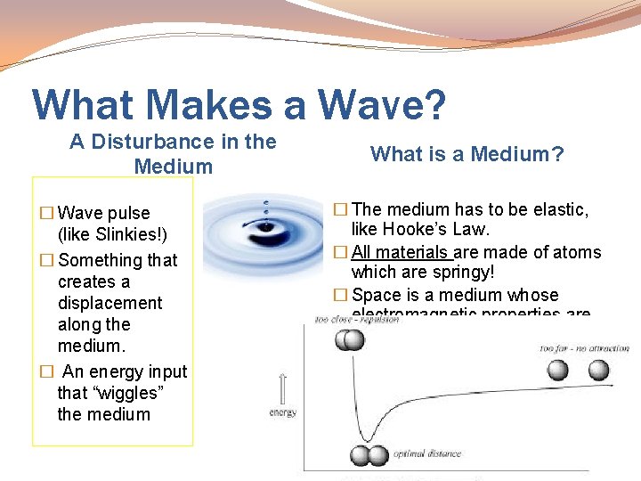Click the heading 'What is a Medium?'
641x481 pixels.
click(x=467, y=154)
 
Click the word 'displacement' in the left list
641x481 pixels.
click(x=110, y=303)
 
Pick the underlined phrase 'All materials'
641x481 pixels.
click(x=402, y=252)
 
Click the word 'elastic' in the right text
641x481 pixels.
click(x=561, y=209)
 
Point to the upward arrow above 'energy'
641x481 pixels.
click(x=283, y=389)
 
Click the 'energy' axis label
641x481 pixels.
click(x=283, y=412)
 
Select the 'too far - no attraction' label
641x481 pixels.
click(x=584, y=348)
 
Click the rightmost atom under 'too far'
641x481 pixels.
click(x=598, y=370)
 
